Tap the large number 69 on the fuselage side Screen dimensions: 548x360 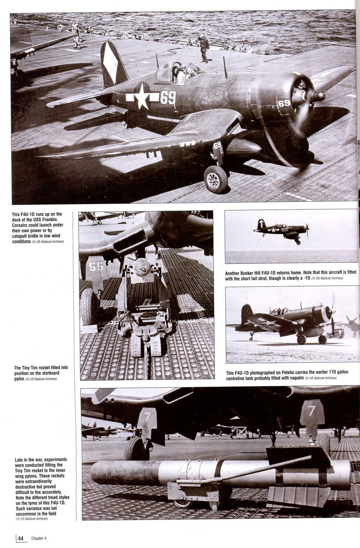168,97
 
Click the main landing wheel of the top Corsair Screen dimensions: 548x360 216,179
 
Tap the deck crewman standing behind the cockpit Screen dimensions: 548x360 203,48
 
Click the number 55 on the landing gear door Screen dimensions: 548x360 96,267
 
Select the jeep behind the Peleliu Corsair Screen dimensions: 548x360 336,333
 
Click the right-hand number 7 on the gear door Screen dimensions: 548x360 311,411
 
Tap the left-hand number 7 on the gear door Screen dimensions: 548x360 148,417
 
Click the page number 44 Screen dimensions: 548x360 20,538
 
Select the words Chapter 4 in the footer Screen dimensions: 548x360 39,538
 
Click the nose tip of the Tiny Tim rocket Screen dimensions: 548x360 93,474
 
